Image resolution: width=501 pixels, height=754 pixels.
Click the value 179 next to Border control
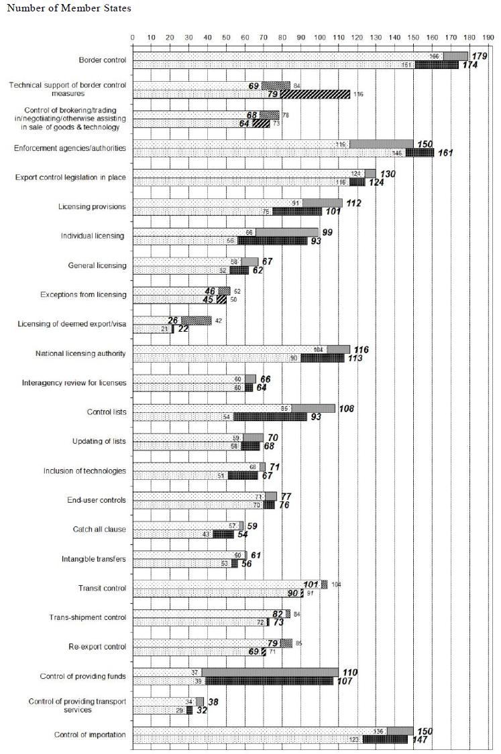click(x=478, y=56)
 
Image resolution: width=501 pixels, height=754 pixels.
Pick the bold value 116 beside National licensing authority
click(x=360, y=350)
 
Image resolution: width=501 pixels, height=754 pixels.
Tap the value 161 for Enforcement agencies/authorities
click(x=445, y=153)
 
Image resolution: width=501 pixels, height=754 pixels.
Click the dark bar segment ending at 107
click(x=269, y=680)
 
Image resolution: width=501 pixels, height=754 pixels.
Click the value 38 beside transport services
click(x=214, y=701)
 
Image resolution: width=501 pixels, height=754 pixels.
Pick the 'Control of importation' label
click(x=90, y=735)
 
